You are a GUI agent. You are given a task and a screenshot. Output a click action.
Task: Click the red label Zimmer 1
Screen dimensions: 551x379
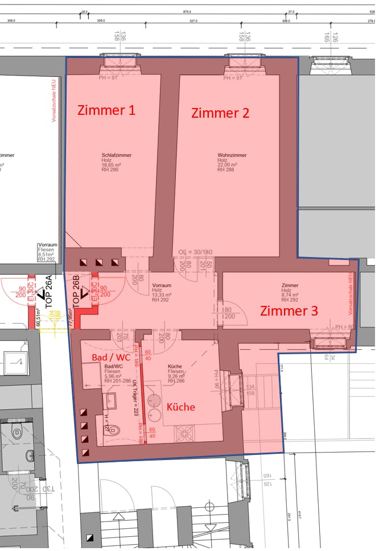(106, 110)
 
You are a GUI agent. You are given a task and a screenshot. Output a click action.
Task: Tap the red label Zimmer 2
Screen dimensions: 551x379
(220, 113)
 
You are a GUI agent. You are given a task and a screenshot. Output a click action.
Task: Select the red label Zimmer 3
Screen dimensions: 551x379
(289, 311)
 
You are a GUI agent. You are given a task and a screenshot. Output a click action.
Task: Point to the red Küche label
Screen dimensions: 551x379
(180, 407)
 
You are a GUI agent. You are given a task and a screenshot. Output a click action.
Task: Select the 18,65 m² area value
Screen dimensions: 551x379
(113, 164)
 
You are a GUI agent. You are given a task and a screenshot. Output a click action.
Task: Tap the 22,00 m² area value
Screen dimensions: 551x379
(227, 164)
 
